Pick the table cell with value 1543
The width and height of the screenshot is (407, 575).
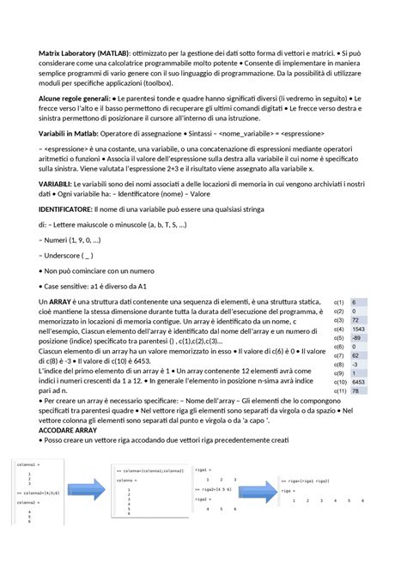click(360, 330)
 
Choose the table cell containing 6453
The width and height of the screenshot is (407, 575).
click(360, 382)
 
